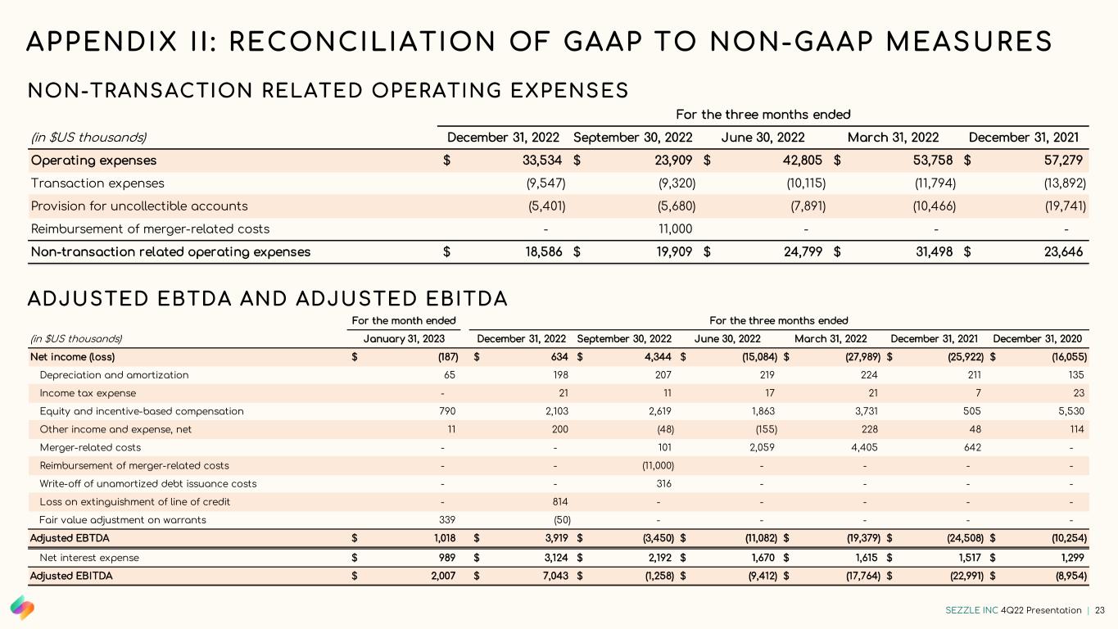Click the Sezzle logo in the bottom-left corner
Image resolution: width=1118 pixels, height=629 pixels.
pos(22,608)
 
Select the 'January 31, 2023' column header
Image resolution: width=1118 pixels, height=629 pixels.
pos(410,339)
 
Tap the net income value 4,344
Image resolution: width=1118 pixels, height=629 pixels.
pos(658,357)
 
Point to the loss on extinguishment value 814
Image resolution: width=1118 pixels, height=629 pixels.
pos(561,501)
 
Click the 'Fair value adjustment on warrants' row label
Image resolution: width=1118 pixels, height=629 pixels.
pos(123,519)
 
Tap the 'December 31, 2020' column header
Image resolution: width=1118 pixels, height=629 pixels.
pos(1036,339)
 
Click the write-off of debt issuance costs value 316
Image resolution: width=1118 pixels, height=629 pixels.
pos(664,483)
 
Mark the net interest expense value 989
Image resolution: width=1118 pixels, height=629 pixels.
pos(445,558)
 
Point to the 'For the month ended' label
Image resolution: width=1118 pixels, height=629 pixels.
pos(404,321)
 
